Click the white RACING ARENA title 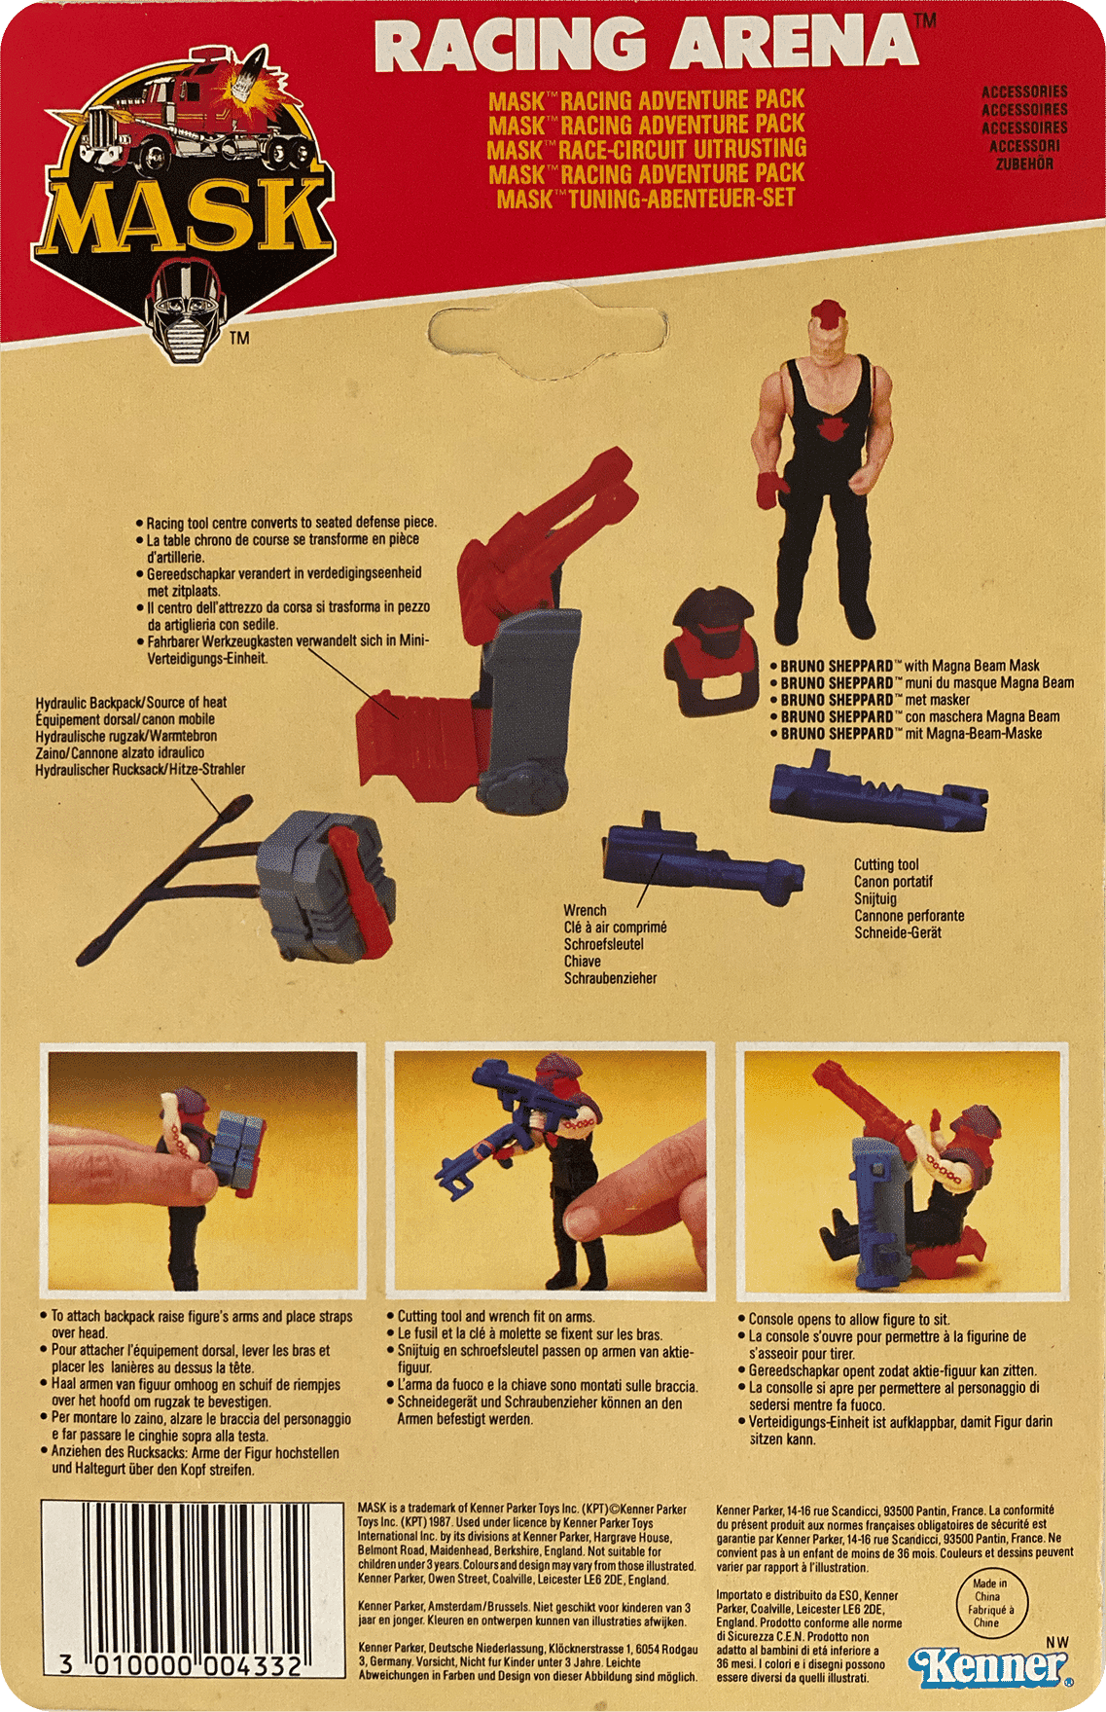point(648,44)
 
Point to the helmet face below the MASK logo point(189,311)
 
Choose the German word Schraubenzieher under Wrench point(610,978)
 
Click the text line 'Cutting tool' point(886,864)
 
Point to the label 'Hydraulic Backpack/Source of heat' point(131,703)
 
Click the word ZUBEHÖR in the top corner point(1024,164)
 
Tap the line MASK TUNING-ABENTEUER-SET point(646,199)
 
